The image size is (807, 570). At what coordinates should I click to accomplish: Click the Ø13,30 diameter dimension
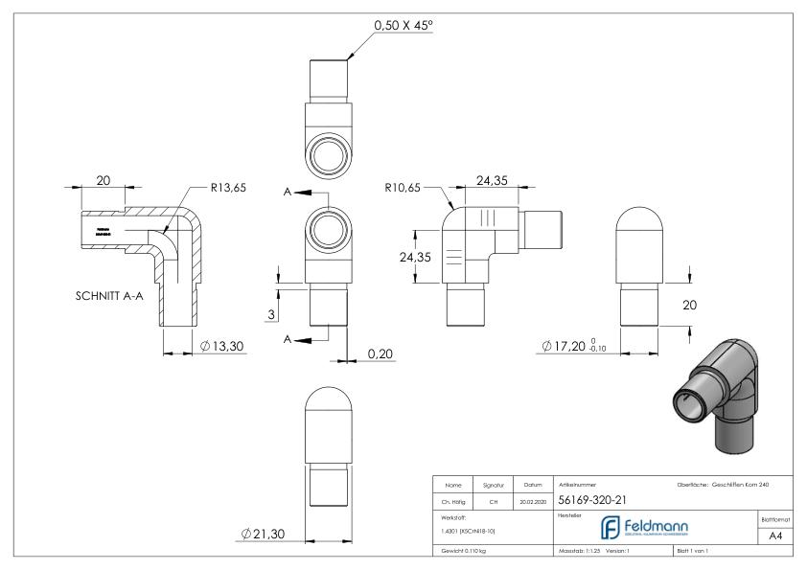point(223,346)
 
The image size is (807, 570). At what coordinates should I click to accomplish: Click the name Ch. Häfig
point(454,500)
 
